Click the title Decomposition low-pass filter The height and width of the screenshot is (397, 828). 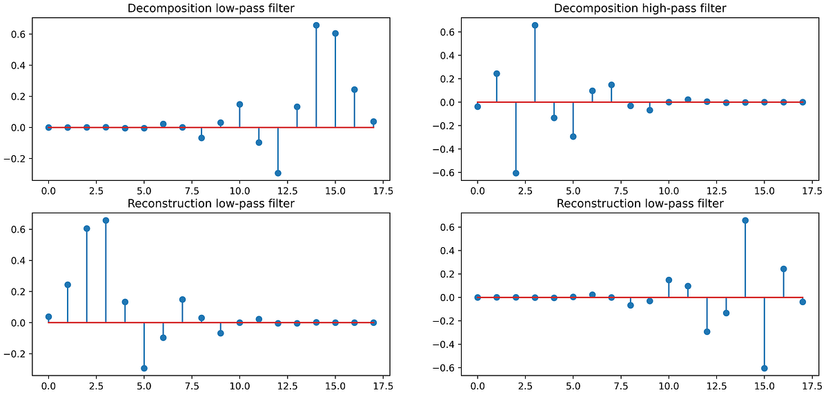pos(210,8)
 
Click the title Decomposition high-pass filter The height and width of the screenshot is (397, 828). pos(640,8)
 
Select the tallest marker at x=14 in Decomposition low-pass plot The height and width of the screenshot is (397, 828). pos(316,25)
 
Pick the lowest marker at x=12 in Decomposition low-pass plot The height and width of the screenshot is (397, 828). pos(278,173)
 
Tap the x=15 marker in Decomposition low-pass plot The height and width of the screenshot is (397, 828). pos(335,33)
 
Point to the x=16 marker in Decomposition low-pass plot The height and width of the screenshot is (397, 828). pos(355,90)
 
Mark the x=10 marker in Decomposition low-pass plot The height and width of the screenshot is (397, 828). pos(239,104)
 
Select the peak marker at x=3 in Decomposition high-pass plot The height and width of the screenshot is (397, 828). pos(535,25)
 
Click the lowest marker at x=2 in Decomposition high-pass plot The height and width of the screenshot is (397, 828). pos(515,173)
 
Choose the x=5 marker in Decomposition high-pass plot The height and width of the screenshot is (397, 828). pos(573,137)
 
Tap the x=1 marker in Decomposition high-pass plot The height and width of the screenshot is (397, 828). pos(496,73)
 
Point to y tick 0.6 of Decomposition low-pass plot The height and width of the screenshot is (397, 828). pos(21,34)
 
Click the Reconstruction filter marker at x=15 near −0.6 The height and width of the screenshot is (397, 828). pos(765,368)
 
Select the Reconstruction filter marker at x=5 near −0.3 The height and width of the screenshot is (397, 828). pos(144,368)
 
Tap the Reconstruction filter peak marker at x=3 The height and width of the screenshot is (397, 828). pos(106,220)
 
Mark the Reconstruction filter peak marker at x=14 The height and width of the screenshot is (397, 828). pos(745,220)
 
